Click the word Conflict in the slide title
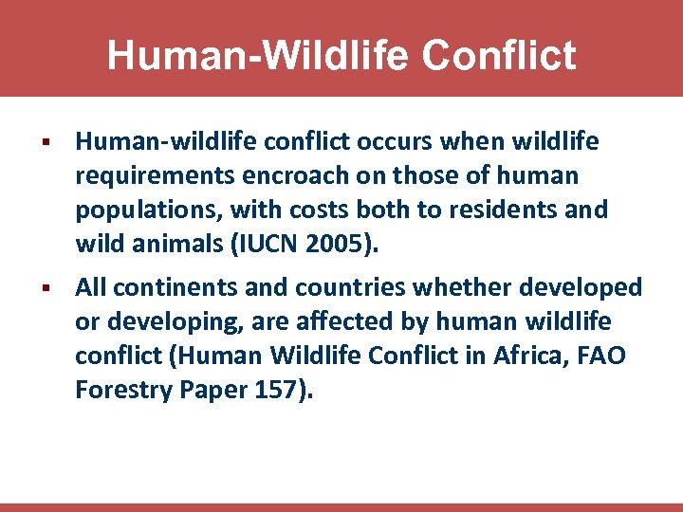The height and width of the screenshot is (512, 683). [x=499, y=55]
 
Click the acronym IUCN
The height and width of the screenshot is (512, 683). [x=267, y=245]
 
